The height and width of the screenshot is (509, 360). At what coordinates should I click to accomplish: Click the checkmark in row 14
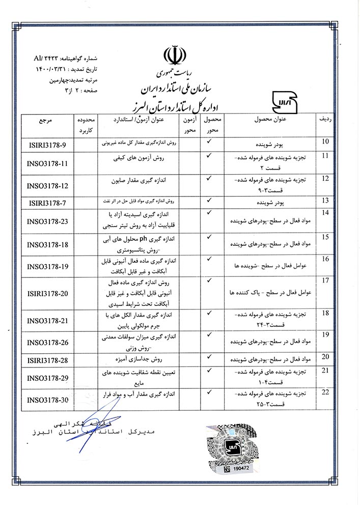[208, 212]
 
